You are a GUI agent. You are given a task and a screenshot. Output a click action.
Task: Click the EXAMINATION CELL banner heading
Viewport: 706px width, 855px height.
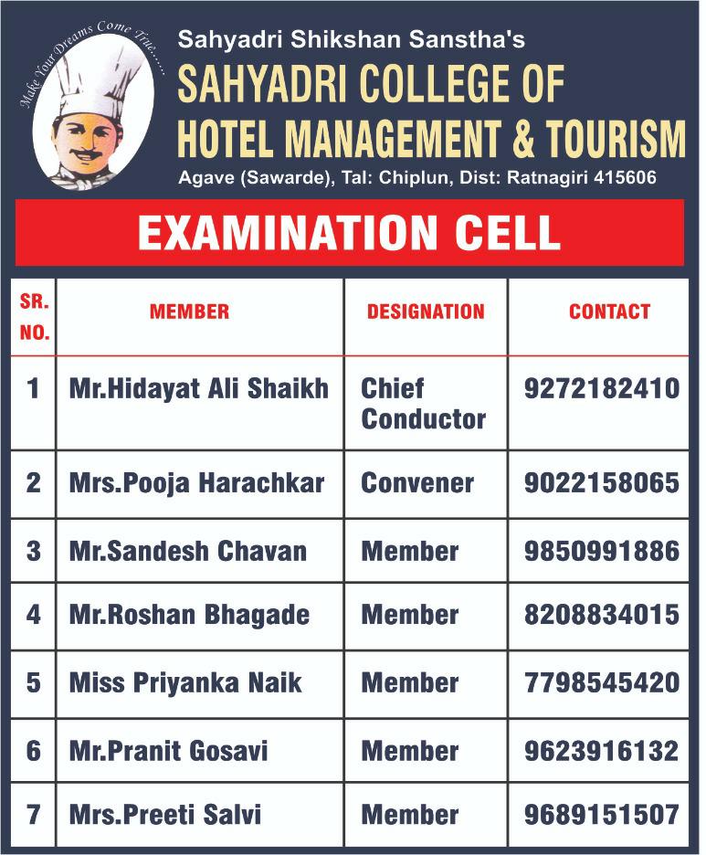point(349,233)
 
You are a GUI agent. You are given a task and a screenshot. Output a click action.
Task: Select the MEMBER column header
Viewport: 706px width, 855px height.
point(189,311)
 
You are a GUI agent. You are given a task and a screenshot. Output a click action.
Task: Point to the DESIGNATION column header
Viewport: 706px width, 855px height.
point(426,311)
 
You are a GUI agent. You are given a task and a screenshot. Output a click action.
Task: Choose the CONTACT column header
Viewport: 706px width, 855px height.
point(609,311)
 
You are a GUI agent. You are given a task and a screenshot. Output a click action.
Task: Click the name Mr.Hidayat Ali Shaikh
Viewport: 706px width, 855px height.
point(198,389)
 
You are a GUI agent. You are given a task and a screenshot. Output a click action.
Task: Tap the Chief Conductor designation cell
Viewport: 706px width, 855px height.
point(423,404)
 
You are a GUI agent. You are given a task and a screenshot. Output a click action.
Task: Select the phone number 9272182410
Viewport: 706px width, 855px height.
point(602,389)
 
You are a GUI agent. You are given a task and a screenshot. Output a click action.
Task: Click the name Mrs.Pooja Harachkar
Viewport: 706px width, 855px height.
point(196,483)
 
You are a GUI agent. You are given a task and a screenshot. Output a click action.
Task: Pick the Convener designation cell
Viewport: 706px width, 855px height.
point(417,483)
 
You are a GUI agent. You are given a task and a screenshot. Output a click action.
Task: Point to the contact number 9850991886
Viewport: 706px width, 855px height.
point(602,551)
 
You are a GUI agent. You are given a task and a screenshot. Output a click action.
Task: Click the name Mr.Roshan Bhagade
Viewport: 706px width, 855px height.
point(189,615)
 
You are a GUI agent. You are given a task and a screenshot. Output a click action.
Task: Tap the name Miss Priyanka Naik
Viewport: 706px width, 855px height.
point(185,683)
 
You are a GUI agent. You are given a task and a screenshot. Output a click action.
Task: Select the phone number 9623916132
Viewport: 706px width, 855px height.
point(602,751)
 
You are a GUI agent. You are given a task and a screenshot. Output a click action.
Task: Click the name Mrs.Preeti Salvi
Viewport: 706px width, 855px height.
point(164,814)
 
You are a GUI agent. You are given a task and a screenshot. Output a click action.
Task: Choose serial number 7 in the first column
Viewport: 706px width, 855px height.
point(34,814)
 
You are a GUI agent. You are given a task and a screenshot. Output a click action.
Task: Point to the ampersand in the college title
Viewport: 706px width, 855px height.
point(521,140)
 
